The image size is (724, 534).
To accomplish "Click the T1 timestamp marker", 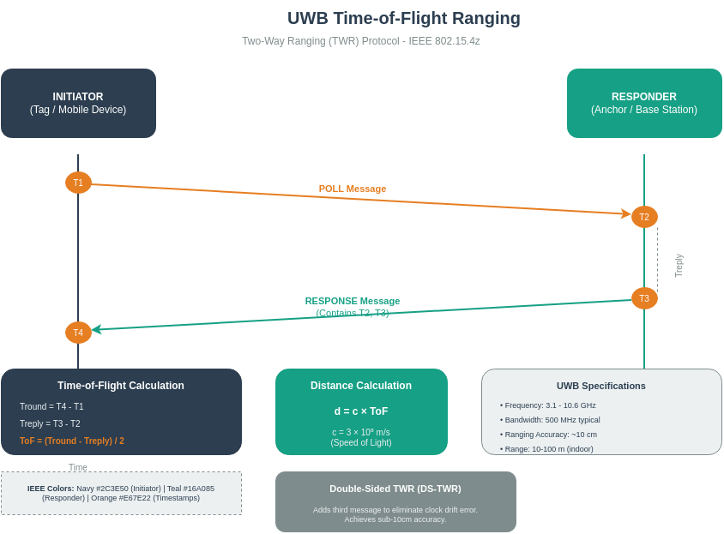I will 78,183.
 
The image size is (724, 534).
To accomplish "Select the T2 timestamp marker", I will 644,217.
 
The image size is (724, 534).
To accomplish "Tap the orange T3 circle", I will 644,298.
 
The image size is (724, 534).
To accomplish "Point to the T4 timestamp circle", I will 78,333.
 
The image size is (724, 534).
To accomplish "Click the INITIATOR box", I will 78,103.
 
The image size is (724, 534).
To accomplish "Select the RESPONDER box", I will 644,103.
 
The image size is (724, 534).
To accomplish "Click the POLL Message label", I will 353,189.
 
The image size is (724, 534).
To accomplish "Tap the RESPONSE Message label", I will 353,301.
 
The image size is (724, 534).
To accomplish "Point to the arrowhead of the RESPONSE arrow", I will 96,329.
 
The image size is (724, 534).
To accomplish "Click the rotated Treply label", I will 679,265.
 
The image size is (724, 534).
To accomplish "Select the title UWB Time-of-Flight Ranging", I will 403,18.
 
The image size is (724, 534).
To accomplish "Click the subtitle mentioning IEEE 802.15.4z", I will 360,41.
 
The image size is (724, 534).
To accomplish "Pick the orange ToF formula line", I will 72,441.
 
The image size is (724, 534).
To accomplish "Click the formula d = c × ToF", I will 361,411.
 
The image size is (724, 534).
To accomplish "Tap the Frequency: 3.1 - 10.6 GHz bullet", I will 548,405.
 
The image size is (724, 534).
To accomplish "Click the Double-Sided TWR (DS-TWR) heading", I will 395,489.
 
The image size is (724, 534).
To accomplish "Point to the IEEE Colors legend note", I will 121,493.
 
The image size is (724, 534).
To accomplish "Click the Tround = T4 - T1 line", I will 51,406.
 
